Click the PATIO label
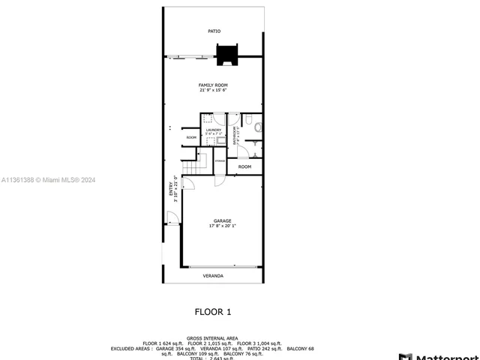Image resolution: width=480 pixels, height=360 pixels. click(214, 31)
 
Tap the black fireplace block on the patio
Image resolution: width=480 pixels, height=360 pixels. click(226, 55)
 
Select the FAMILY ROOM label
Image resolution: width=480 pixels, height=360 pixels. click(213, 85)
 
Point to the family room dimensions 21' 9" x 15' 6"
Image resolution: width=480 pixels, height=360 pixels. click(213, 91)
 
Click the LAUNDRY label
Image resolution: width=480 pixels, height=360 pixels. click(214, 130)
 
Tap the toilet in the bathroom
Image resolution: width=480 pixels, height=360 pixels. click(257, 127)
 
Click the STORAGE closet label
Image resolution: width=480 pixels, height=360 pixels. click(220, 161)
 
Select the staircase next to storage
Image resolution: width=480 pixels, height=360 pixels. click(198, 161)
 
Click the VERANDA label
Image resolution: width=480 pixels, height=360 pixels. click(213, 276)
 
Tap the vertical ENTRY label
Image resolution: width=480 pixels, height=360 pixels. click(172, 188)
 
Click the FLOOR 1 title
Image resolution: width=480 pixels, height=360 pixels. click(213, 310)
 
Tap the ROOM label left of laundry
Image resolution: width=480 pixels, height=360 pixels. click(191, 138)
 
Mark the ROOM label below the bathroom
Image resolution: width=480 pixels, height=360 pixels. click(244, 166)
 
